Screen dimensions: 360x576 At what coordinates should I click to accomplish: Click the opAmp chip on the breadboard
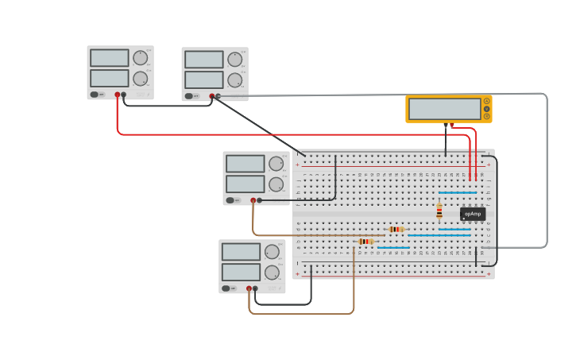tap(472, 214)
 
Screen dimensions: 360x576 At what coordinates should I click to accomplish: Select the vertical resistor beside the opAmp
tap(439, 211)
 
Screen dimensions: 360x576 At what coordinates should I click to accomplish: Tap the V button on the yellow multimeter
tap(486, 109)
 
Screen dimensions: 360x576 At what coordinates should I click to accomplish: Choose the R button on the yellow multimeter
tap(486, 116)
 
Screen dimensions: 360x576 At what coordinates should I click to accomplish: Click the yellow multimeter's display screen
tap(444, 109)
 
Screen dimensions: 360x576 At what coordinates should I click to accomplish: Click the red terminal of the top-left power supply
tap(117, 95)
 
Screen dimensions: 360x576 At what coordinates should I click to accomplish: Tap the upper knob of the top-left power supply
tap(141, 58)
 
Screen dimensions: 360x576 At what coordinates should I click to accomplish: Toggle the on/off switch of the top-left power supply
tap(95, 95)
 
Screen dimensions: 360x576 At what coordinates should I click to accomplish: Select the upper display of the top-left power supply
tap(109, 58)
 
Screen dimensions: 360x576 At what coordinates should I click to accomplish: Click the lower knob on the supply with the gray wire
tap(235, 80)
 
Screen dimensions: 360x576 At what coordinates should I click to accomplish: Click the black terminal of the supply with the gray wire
tap(218, 96)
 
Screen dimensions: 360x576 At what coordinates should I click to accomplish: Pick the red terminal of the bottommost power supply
tap(249, 288)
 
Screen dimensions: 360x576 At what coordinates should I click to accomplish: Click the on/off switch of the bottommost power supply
tap(226, 288)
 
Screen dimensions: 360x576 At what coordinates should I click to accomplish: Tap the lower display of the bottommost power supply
tap(241, 272)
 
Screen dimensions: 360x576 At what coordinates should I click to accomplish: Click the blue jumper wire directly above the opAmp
tap(458, 192)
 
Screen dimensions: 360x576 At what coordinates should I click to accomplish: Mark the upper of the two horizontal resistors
tap(396, 229)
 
